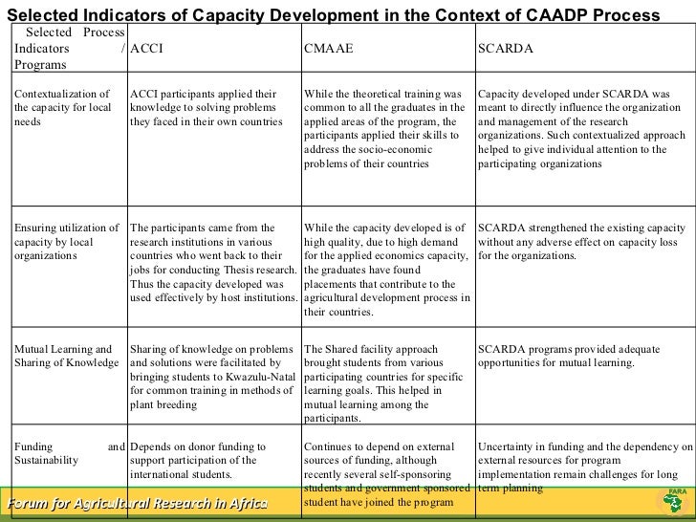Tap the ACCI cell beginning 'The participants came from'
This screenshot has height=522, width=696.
click(x=212, y=269)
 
